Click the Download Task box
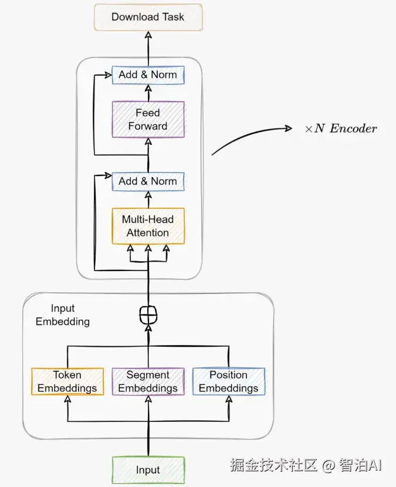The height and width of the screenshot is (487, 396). tap(148, 17)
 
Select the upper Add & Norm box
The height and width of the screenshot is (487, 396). tap(148, 75)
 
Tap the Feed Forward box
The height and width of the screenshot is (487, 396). tap(148, 119)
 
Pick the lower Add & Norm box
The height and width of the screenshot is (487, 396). tap(148, 181)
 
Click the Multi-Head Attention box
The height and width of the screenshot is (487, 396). tap(148, 226)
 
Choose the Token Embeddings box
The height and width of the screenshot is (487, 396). tap(67, 381)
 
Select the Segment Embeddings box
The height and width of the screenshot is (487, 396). tap(148, 381)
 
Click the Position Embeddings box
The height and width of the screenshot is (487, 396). tap(229, 381)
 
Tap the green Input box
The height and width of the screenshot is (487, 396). tap(148, 470)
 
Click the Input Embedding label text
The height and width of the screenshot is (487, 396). tap(63, 315)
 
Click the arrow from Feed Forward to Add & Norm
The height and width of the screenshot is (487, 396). tap(148, 93)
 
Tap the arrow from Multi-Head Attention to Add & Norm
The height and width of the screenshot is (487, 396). tap(148, 199)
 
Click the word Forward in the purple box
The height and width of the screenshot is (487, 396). tap(148, 126)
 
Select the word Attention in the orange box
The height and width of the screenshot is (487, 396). tap(148, 233)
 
